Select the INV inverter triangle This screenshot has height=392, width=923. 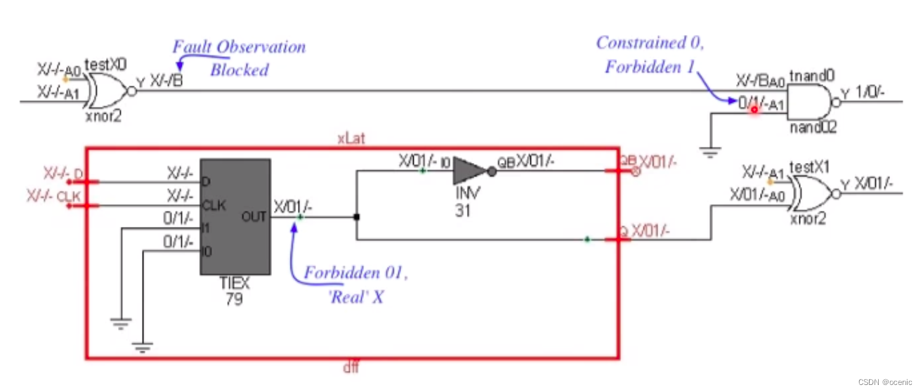(467, 171)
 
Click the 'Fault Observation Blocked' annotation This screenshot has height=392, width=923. (239, 58)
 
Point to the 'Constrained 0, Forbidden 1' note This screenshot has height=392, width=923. (650, 53)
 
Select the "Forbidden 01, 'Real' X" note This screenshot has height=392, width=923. (355, 285)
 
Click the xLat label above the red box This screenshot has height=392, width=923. (350, 138)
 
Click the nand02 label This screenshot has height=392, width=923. (809, 128)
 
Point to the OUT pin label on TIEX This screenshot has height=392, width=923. (255, 216)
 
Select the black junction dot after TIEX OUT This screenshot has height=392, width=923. (357, 217)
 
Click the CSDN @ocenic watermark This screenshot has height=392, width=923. (887, 381)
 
